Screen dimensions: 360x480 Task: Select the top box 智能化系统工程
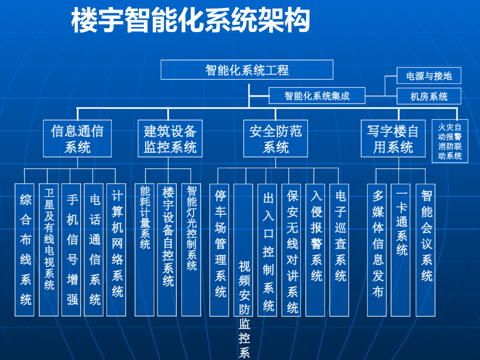(247, 70)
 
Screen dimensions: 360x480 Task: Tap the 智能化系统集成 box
(317, 96)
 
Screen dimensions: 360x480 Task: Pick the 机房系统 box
(429, 97)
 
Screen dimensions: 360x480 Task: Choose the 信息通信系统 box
(77, 138)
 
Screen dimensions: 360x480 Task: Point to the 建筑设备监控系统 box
(170, 138)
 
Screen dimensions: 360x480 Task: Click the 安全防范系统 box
(276, 138)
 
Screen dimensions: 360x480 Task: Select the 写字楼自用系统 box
(393, 138)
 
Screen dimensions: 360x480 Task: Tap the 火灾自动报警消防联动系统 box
(450, 141)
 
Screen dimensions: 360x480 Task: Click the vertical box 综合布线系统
(25, 249)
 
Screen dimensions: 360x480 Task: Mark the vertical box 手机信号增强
(72, 249)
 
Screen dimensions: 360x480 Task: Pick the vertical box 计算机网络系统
(117, 249)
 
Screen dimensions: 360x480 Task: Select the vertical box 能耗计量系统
(145, 249)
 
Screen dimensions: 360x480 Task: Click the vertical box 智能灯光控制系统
(191, 249)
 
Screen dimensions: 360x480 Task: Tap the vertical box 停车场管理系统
(220, 249)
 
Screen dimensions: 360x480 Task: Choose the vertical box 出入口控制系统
(268, 249)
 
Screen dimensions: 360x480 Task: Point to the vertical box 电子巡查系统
(340, 249)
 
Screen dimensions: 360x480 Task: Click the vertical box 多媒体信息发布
(377, 249)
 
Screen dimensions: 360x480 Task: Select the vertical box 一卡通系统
(401, 249)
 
